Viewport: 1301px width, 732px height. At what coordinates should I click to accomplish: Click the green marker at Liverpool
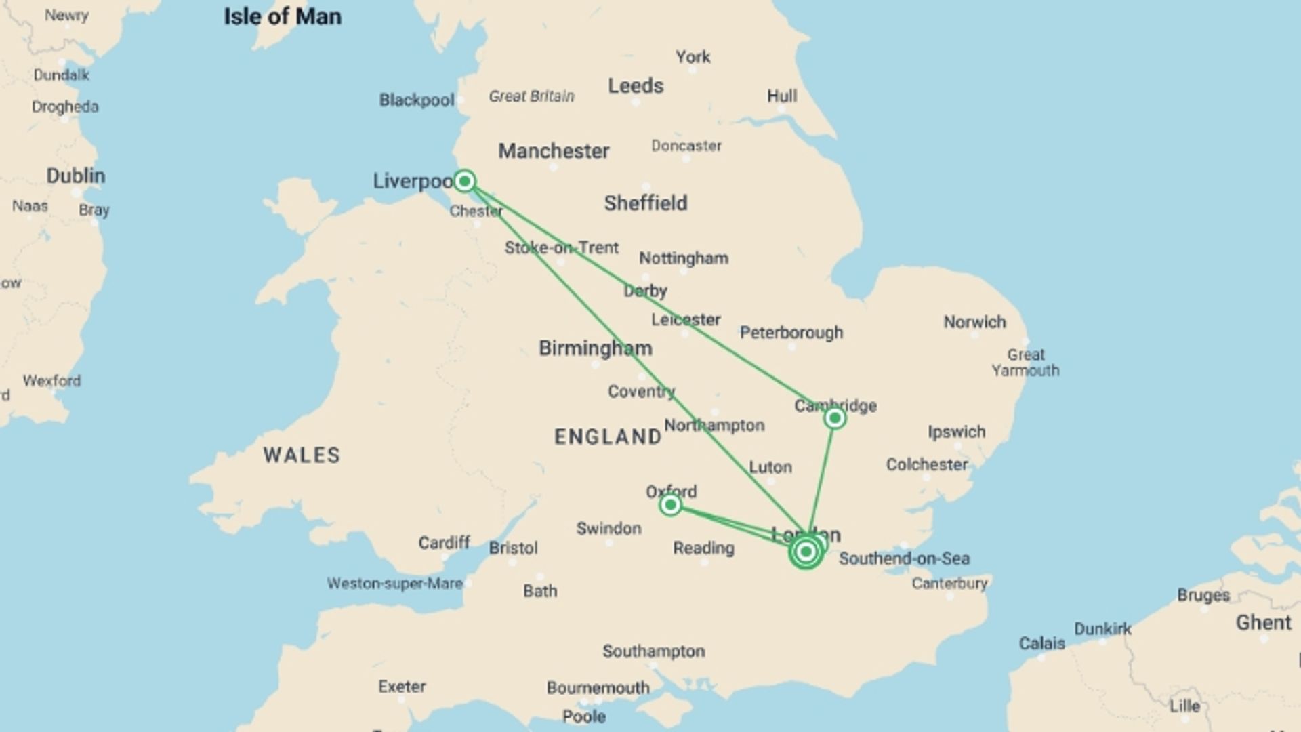click(464, 181)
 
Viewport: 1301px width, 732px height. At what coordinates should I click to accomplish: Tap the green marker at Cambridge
click(835, 418)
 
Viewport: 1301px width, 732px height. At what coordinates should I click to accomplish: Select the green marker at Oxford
click(670, 505)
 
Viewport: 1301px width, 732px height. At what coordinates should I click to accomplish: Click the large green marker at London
click(806, 552)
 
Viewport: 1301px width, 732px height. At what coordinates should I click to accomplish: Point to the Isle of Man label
click(283, 16)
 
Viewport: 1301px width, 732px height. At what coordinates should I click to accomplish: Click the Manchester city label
click(554, 150)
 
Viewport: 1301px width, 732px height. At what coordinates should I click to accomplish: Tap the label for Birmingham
click(595, 348)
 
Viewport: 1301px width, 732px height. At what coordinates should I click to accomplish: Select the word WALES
click(302, 455)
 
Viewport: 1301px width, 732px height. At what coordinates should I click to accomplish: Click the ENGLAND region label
click(608, 437)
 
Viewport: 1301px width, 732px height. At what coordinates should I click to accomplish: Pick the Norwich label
click(974, 322)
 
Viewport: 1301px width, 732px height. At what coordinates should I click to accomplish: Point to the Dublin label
click(76, 176)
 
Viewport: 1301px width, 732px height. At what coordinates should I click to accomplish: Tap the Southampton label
click(653, 651)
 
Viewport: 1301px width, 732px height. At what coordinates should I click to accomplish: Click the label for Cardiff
click(444, 543)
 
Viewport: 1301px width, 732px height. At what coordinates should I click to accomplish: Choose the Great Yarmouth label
click(1025, 363)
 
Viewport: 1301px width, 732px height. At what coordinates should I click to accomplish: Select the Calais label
click(1041, 643)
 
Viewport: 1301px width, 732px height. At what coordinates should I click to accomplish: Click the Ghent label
click(1263, 623)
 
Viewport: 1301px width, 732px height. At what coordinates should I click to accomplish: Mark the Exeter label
click(402, 687)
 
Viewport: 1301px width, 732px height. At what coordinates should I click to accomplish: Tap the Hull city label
click(781, 96)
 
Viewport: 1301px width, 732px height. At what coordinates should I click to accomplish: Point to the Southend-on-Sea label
click(904, 558)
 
